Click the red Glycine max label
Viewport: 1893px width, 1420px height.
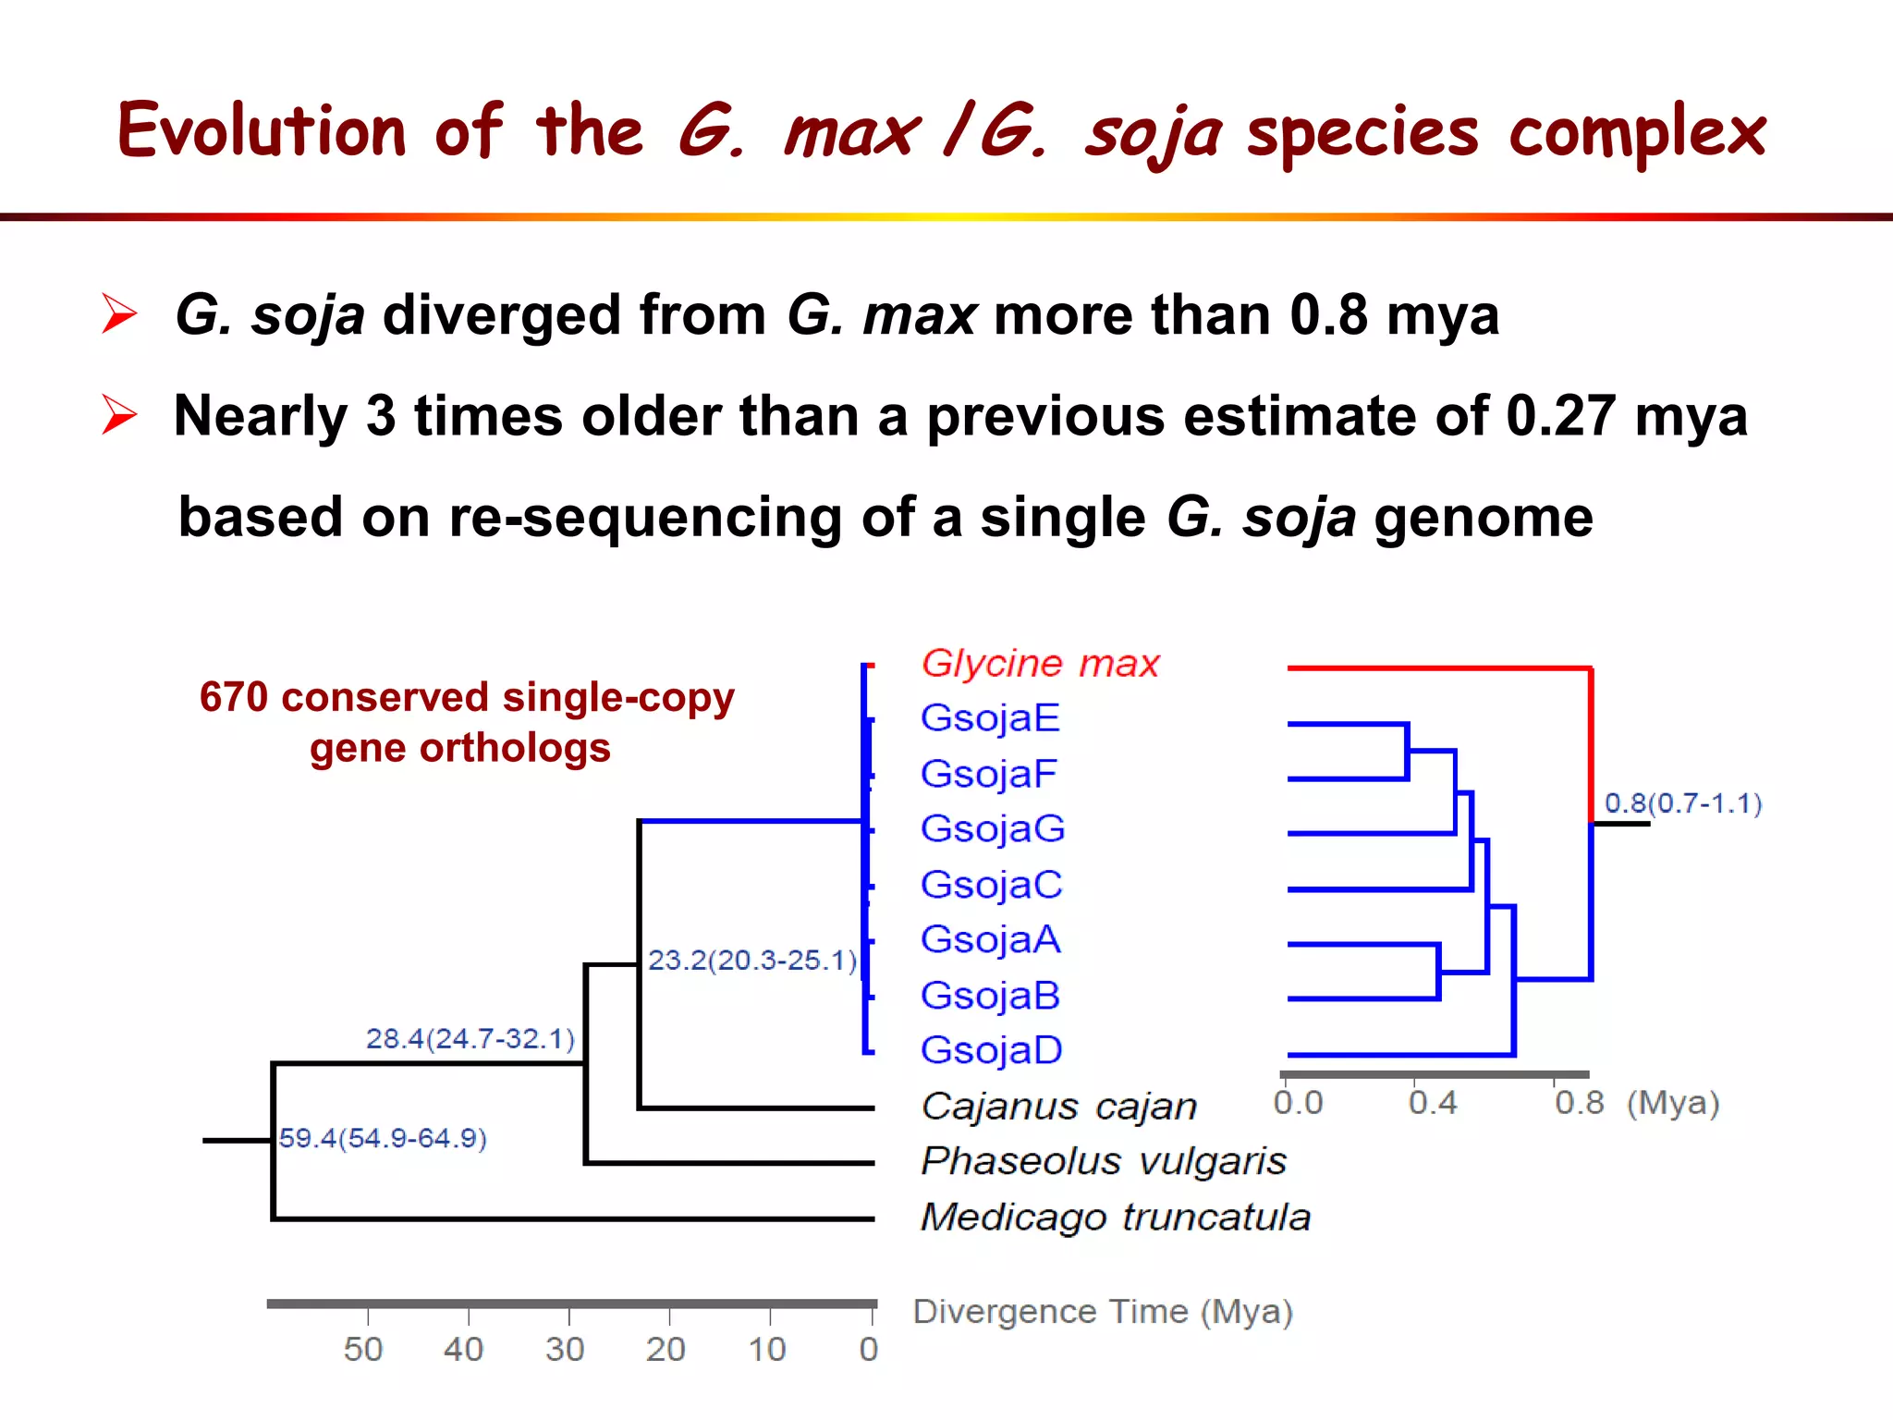[x=1040, y=664]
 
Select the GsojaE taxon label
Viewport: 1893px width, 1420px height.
[x=990, y=718]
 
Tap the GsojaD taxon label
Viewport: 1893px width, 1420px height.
[x=991, y=1050]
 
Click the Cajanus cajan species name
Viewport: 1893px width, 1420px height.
[x=1058, y=1106]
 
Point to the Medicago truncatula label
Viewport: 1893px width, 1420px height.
[x=1116, y=1217]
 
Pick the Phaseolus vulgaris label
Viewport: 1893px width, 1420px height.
[x=1104, y=1161]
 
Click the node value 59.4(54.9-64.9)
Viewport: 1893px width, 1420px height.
[x=383, y=1138]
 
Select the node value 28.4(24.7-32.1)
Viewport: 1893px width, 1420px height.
[x=470, y=1039]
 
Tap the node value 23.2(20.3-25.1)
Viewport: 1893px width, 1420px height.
[x=752, y=961]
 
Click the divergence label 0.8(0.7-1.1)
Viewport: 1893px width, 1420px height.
[x=1682, y=803]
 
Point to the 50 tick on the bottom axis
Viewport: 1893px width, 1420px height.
[x=363, y=1349]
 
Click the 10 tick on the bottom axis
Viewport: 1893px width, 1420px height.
[x=766, y=1349]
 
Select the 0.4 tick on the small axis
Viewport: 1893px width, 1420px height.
[x=1432, y=1103]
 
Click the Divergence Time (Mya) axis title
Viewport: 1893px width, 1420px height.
[x=1102, y=1312]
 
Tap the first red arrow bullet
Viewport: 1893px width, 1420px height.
[x=119, y=313]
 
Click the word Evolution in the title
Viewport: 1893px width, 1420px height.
[x=262, y=130]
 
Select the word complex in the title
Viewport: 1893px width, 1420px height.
[x=1637, y=132]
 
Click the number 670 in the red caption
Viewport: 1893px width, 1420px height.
[x=233, y=697]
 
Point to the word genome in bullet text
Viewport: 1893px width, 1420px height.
[x=1483, y=517]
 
